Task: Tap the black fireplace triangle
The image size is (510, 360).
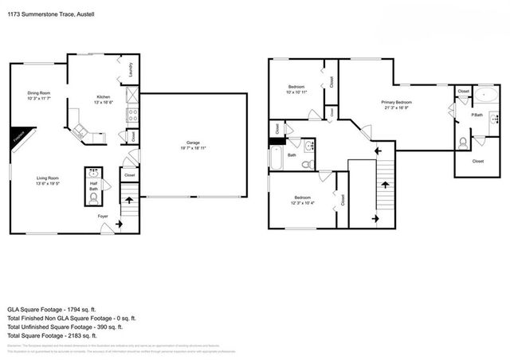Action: tap(18, 138)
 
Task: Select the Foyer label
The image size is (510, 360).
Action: tap(103, 216)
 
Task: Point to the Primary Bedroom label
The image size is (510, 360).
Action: tap(396, 102)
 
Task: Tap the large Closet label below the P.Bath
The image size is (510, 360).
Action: tap(477, 161)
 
